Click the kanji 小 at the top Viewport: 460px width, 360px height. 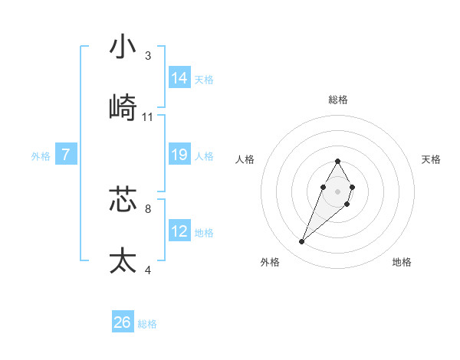pos(123,47)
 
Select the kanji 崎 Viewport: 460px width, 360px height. pos(123,107)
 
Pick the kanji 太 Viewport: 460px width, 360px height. pos(123,260)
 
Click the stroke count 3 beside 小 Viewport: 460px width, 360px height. pos(148,56)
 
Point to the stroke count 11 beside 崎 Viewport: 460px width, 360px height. pos(148,117)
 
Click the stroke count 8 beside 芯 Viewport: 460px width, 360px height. pos(148,208)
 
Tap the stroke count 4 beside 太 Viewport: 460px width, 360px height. pos(148,270)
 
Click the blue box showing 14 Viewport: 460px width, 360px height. pos(179,77)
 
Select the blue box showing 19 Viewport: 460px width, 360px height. pos(179,155)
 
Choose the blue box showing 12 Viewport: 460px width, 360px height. pos(179,231)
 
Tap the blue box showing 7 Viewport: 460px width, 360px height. pos(66,155)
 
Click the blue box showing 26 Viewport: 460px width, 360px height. pos(123,322)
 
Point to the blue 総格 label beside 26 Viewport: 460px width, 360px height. pos(147,324)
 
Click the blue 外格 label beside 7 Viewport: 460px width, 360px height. pos(41,156)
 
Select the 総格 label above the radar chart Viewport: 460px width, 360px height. pos(338,100)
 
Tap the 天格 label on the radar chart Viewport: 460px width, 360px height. pos(432,159)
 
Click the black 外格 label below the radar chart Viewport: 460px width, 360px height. pos(270,262)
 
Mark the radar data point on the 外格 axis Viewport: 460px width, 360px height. pos(301,242)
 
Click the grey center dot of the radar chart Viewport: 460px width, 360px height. pos(337,190)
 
